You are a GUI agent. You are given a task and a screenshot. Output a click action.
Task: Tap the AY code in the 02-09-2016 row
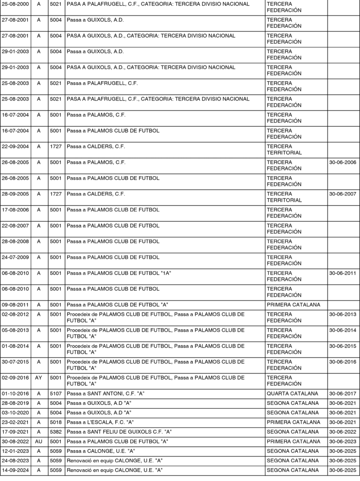(39, 378)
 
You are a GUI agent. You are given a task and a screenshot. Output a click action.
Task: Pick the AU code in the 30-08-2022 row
(39, 442)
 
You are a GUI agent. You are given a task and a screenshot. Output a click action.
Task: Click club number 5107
(55, 394)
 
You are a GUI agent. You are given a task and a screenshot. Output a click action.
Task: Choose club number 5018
(55, 422)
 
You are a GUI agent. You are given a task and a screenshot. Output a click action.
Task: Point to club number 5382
(55, 432)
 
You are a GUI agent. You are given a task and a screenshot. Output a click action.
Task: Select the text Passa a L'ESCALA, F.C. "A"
(101, 422)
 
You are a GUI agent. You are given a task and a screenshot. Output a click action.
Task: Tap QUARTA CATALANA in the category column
(292, 394)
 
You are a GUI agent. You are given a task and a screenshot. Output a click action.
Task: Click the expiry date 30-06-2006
(343, 163)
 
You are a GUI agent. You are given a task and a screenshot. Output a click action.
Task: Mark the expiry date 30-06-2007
(343, 194)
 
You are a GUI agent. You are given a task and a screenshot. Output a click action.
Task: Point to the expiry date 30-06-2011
(343, 273)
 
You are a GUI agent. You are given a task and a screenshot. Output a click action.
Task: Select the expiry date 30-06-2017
(343, 394)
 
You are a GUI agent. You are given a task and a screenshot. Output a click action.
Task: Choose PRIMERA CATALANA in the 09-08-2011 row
(293, 305)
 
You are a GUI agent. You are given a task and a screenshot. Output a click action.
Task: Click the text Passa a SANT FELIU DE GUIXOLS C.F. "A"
(119, 432)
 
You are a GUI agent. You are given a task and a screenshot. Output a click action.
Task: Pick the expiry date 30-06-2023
(343, 442)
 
